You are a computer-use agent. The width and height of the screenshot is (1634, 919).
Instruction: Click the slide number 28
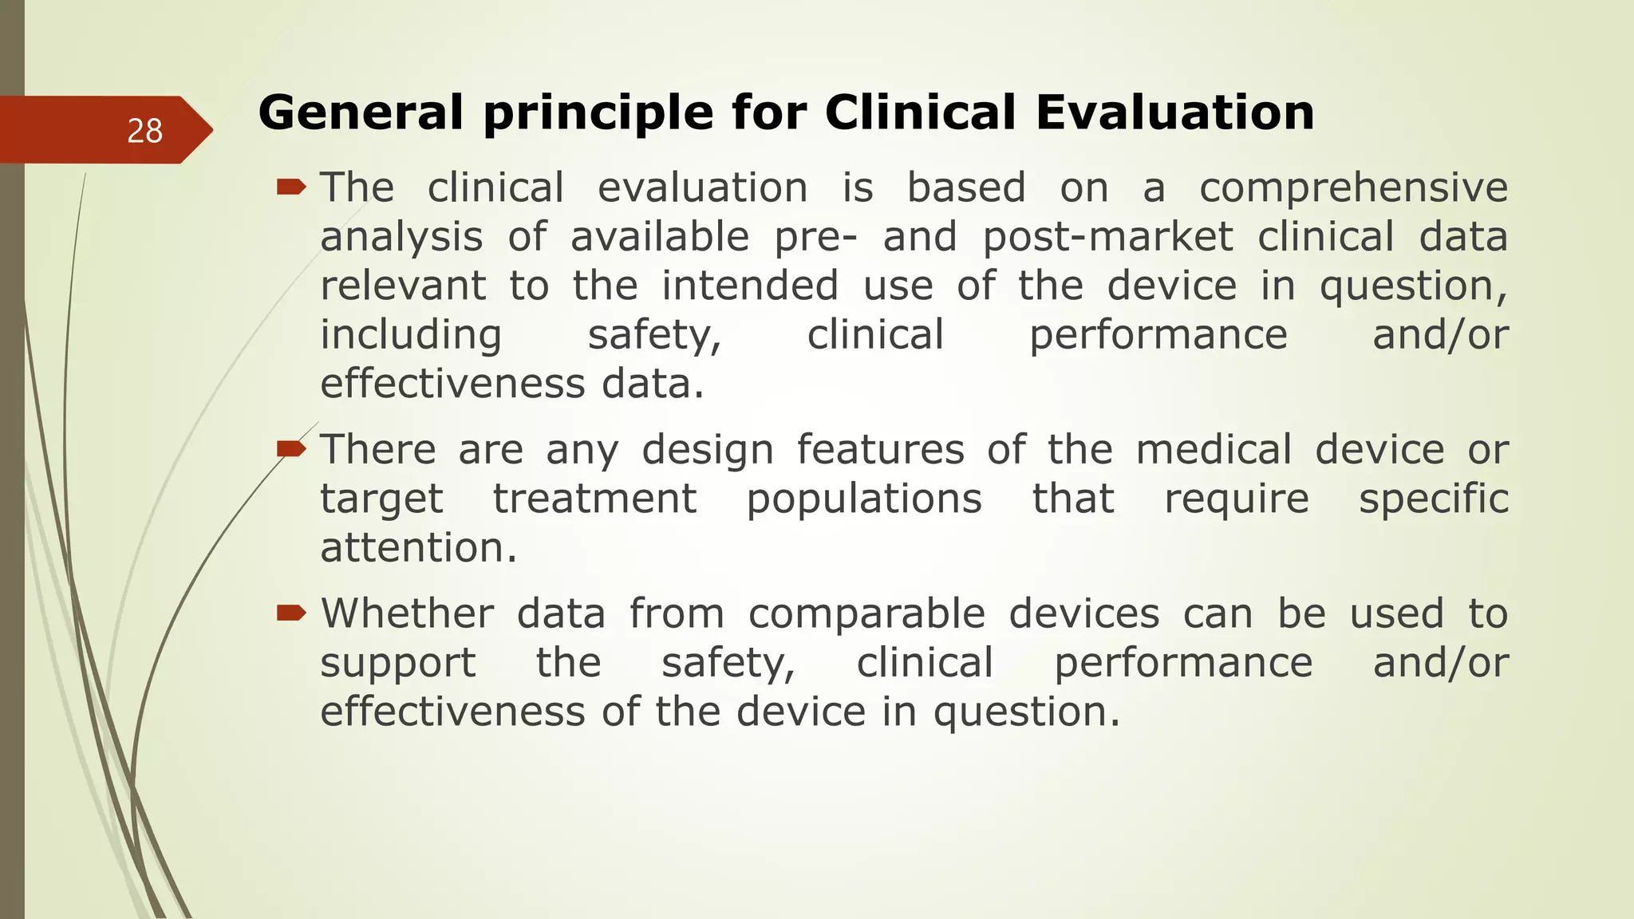point(144,131)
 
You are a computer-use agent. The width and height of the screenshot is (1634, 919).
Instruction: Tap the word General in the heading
point(361,112)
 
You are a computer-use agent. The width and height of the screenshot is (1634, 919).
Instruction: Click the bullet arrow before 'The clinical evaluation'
point(291,187)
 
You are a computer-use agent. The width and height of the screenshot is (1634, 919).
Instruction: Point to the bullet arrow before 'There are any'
point(291,449)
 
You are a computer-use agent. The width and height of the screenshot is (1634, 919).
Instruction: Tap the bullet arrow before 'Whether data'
point(291,613)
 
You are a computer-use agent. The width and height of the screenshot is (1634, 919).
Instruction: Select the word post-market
point(1107,238)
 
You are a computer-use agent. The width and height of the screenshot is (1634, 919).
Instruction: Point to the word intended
point(750,286)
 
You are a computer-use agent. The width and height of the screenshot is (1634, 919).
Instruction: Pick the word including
point(411,335)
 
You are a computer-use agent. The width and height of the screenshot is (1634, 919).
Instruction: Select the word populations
point(864,500)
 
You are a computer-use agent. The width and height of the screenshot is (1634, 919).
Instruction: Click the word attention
point(419,548)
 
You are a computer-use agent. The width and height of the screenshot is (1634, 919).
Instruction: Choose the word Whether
point(407,613)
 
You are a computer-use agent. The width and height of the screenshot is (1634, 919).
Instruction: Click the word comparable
point(866,615)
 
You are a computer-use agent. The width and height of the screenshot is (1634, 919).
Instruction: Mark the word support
point(397,664)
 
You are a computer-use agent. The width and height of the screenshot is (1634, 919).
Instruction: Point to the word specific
point(1434,500)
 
